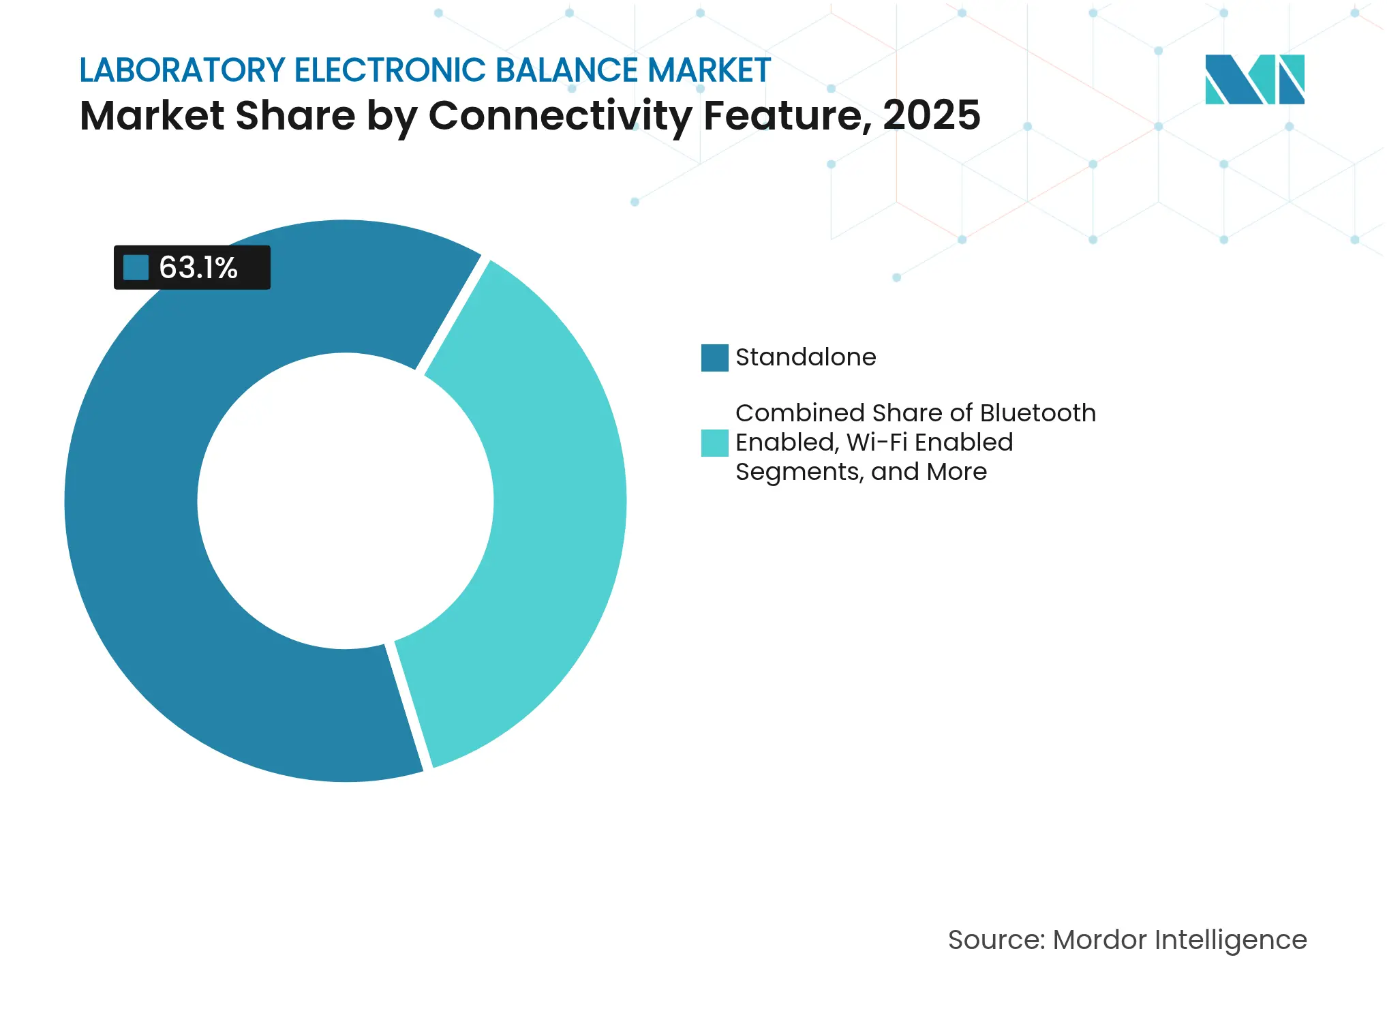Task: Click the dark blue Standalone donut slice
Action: (136, 545)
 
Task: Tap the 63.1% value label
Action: (198, 268)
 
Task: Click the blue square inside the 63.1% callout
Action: (136, 267)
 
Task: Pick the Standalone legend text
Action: (806, 357)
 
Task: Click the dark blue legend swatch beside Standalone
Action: (714, 357)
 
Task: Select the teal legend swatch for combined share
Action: (714, 442)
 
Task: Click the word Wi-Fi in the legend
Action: (877, 442)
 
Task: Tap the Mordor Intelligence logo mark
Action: (1254, 79)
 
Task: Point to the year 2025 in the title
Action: (931, 115)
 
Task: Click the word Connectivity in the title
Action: (560, 115)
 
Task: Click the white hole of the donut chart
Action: (346, 501)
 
